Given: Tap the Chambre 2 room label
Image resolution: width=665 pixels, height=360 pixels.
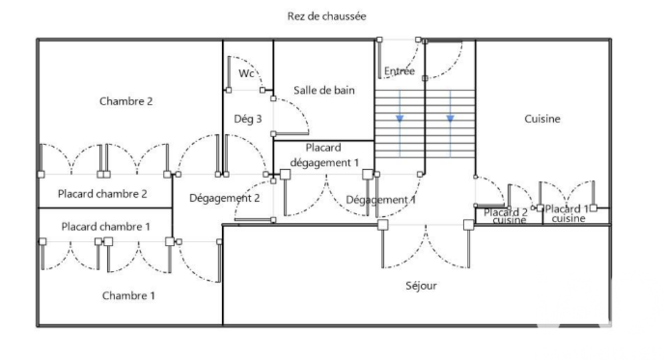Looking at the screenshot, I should (x=126, y=101).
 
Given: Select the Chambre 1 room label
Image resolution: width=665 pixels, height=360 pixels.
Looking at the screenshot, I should (x=128, y=295).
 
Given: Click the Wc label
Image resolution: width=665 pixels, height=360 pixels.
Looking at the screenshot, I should (x=247, y=73).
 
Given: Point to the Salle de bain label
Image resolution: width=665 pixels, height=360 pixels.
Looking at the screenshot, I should (x=325, y=90).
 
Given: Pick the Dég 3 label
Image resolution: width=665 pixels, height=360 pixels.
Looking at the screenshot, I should (x=248, y=119).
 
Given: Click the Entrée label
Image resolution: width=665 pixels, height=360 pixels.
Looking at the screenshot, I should (x=400, y=71).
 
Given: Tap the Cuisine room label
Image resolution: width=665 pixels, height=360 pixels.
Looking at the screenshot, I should (x=543, y=119).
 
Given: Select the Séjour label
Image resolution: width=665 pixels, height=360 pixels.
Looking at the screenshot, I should (x=422, y=286).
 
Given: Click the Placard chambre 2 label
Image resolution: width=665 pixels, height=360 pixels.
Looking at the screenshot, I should (x=102, y=194).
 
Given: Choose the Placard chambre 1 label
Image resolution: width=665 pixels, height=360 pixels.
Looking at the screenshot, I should (x=106, y=226).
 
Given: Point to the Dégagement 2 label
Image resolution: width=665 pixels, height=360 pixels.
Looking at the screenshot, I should (x=225, y=198).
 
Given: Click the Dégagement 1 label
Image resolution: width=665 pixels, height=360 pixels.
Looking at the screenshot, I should (x=381, y=199).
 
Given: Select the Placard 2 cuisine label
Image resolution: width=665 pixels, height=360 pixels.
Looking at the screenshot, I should (x=506, y=216).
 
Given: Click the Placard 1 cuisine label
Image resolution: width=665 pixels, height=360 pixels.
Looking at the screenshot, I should (x=567, y=214).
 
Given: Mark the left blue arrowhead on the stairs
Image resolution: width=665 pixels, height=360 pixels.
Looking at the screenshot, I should (x=400, y=118).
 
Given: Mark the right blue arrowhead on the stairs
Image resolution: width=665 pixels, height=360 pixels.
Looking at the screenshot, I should (x=450, y=118).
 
